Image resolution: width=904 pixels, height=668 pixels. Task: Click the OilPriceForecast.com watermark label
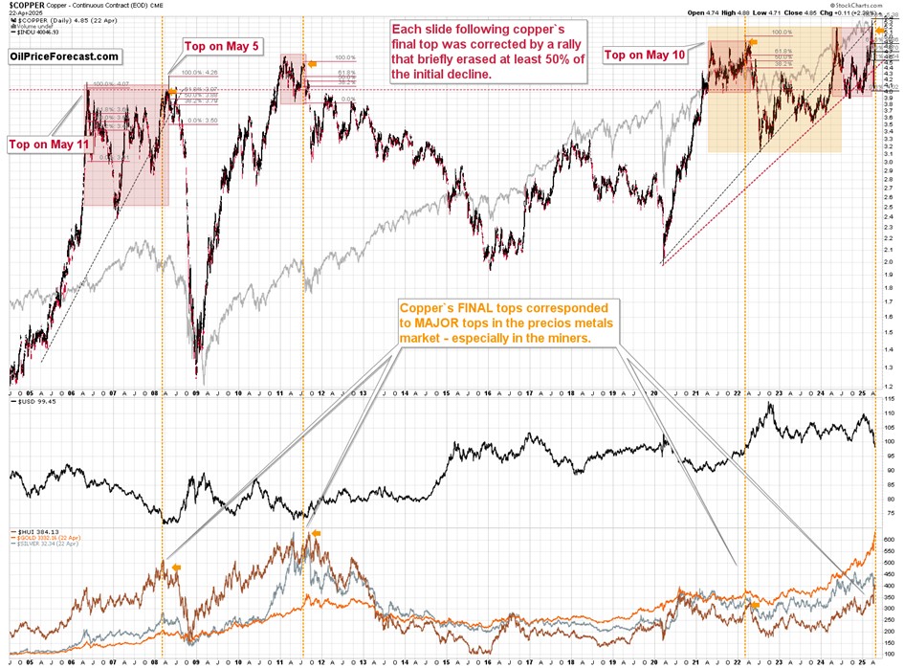(x=63, y=57)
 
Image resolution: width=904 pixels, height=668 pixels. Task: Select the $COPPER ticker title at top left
(x=26, y=6)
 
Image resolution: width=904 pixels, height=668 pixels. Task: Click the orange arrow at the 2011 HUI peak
(x=317, y=533)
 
